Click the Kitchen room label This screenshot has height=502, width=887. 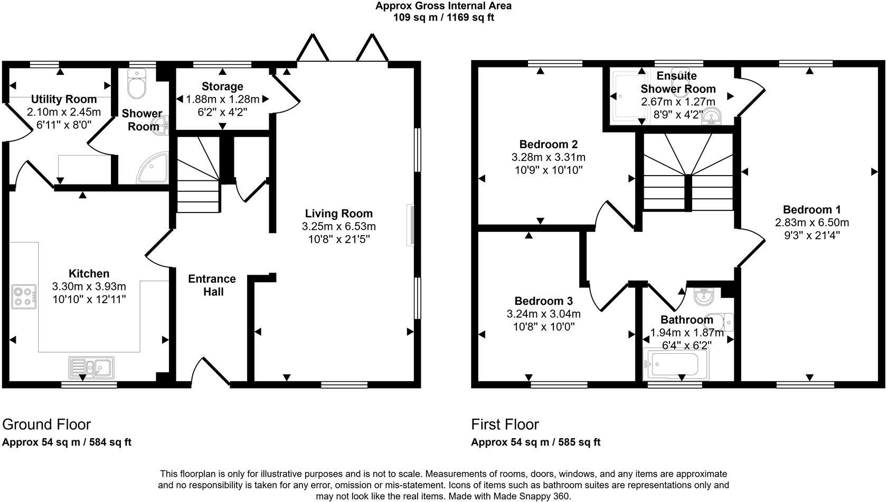(89, 273)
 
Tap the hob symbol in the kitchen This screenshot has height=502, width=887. (24, 296)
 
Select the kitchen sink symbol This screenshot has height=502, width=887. (91, 367)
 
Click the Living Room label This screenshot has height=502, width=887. (338, 214)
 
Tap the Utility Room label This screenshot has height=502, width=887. (64, 99)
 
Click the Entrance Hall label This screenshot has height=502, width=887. (212, 285)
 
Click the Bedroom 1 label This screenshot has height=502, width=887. (811, 209)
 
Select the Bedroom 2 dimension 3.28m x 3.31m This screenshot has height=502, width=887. (548, 157)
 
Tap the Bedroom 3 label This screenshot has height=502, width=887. (543, 301)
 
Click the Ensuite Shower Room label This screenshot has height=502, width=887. (677, 82)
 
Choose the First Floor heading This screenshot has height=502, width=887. (505, 424)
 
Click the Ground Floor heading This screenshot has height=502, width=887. (46, 424)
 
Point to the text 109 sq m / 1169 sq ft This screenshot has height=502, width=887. (443, 17)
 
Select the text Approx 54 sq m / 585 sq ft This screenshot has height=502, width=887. (535, 442)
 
